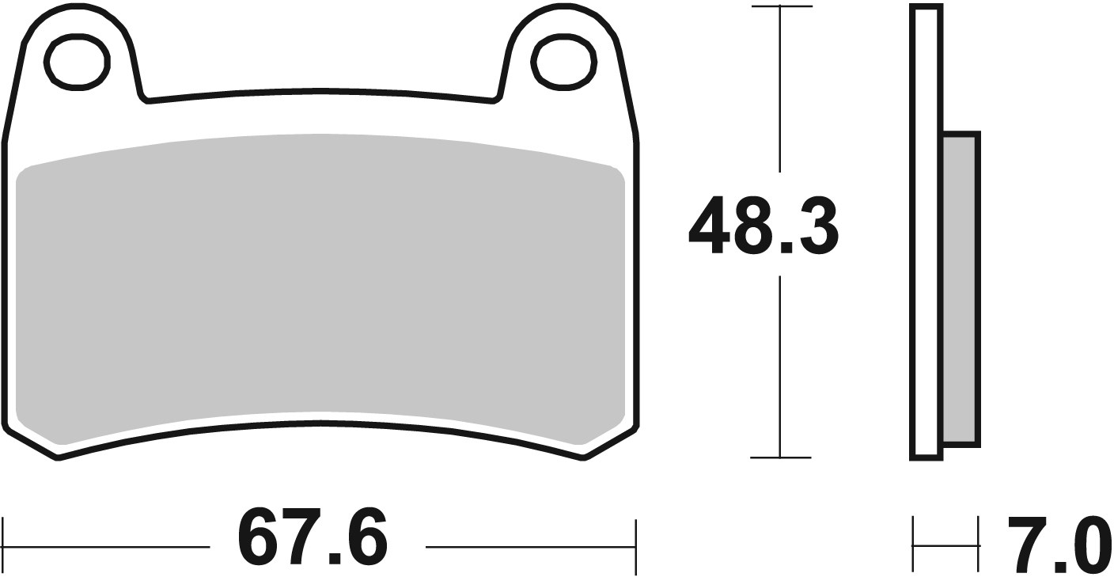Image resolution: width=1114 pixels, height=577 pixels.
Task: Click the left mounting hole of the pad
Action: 77,61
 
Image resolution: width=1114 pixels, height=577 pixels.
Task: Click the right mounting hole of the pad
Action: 562,61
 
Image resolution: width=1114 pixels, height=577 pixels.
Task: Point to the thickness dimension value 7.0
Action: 1058,545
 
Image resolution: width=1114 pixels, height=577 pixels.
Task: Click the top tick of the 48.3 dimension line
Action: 781,6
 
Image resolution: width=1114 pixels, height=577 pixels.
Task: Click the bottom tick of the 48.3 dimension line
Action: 781,457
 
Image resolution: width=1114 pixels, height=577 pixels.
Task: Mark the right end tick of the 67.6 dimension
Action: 635,546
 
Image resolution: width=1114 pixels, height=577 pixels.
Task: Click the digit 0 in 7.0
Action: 1088,545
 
